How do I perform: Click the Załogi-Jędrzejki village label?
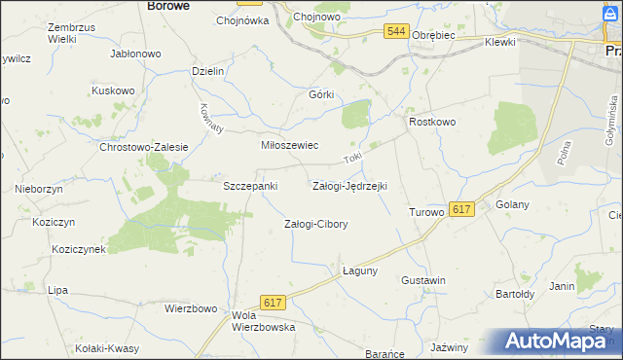[349, 185]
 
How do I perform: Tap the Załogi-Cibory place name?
[315, 224]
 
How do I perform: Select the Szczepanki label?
[251, 185]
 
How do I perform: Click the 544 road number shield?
[395, 32]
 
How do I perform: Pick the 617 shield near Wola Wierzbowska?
[274, 304]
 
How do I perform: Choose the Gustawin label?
[423, 280]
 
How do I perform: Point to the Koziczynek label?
[80, 249]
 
